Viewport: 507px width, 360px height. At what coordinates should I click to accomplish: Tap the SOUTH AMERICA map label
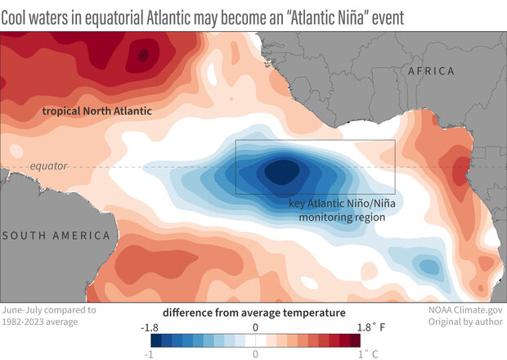(x=56, y=236)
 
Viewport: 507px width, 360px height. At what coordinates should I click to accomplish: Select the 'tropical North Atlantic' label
(x=87, y=110)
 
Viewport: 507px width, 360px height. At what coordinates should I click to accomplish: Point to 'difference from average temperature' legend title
(x=253, y=313)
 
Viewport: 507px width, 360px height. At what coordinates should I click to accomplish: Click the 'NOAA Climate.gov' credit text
(x=461, y=312)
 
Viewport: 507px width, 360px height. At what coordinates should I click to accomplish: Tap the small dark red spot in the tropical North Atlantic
(x=144, y=55)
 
